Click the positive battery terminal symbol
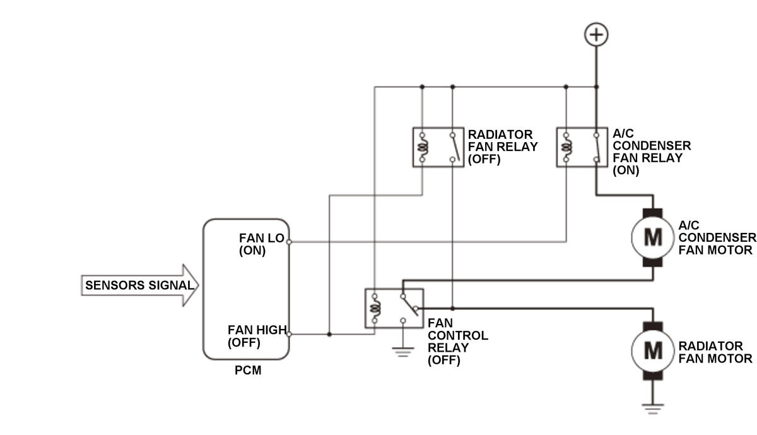coord(596,35)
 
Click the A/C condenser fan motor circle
coord(652,237)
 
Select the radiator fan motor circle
coord(652,351)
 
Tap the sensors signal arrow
coord(140,285)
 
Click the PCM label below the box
coord(248,371)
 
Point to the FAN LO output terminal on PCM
coord(289,242)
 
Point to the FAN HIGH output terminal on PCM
coord(289,334)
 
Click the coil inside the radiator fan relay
coord(423,147)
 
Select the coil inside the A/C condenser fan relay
coord(566,147)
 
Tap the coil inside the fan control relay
coord(375,308)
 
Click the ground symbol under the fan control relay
coord(403,352)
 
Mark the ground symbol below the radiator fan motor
coord(652,409)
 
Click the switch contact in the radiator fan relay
coord(455,147)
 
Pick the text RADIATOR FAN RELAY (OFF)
coord(503,147)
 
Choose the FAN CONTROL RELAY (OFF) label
coord(458,342)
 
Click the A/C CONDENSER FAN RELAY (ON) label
coord(652,152)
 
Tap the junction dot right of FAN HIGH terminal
coord(329,334)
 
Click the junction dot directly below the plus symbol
coord(597,87)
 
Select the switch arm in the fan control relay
coord(410,306)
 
